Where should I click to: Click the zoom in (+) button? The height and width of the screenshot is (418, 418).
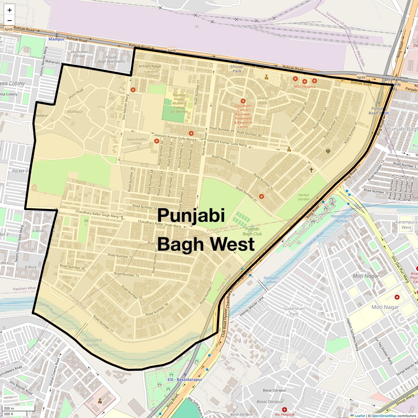[9, 10]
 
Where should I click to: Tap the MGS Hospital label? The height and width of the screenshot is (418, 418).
[304, 87]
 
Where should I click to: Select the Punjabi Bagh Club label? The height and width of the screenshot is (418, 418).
[252, 231]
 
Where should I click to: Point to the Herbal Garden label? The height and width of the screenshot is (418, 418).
[303, 197]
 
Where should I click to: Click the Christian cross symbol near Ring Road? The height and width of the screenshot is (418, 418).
[311, 170]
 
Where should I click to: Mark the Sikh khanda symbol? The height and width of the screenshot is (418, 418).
[328, 151]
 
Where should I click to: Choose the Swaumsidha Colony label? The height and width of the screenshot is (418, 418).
[136, 141]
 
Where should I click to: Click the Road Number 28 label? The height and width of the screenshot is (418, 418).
[72, 267]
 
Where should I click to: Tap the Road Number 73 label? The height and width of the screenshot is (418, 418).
[126, 274]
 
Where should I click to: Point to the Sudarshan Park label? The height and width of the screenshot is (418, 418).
[294, 311]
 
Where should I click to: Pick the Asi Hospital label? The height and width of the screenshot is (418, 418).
[285, 415]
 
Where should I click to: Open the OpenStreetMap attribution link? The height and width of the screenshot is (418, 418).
[384, 416]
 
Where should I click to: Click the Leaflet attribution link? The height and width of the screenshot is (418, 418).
[359, 416]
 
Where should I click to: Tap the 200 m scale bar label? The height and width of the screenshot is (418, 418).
[9, 408]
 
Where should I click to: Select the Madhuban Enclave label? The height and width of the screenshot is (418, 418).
[79, 54]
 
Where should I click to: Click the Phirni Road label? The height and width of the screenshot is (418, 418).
[76, 93]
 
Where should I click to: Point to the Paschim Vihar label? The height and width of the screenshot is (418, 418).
[24, 288]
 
